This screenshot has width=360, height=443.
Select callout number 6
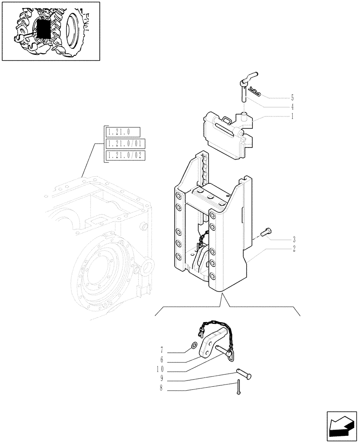[162, 360]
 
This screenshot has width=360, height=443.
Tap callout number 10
[160, 369]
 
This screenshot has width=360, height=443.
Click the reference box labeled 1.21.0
[122, 132]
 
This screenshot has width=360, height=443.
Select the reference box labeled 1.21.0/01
[125, 144]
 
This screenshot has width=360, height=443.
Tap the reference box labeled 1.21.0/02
[125, 155]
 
